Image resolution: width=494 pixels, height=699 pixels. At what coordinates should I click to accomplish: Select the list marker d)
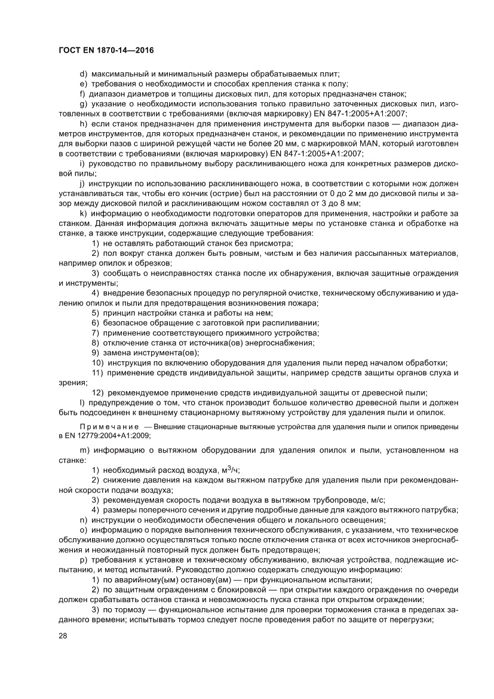point(83,74)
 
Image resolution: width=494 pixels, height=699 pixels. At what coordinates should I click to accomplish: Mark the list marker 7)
point(96,332)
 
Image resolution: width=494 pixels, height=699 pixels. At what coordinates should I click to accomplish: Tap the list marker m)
point(84,450)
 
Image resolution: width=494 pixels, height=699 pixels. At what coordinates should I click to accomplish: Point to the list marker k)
point(83,213)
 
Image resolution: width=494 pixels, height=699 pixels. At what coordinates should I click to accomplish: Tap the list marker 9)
point(96,353)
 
